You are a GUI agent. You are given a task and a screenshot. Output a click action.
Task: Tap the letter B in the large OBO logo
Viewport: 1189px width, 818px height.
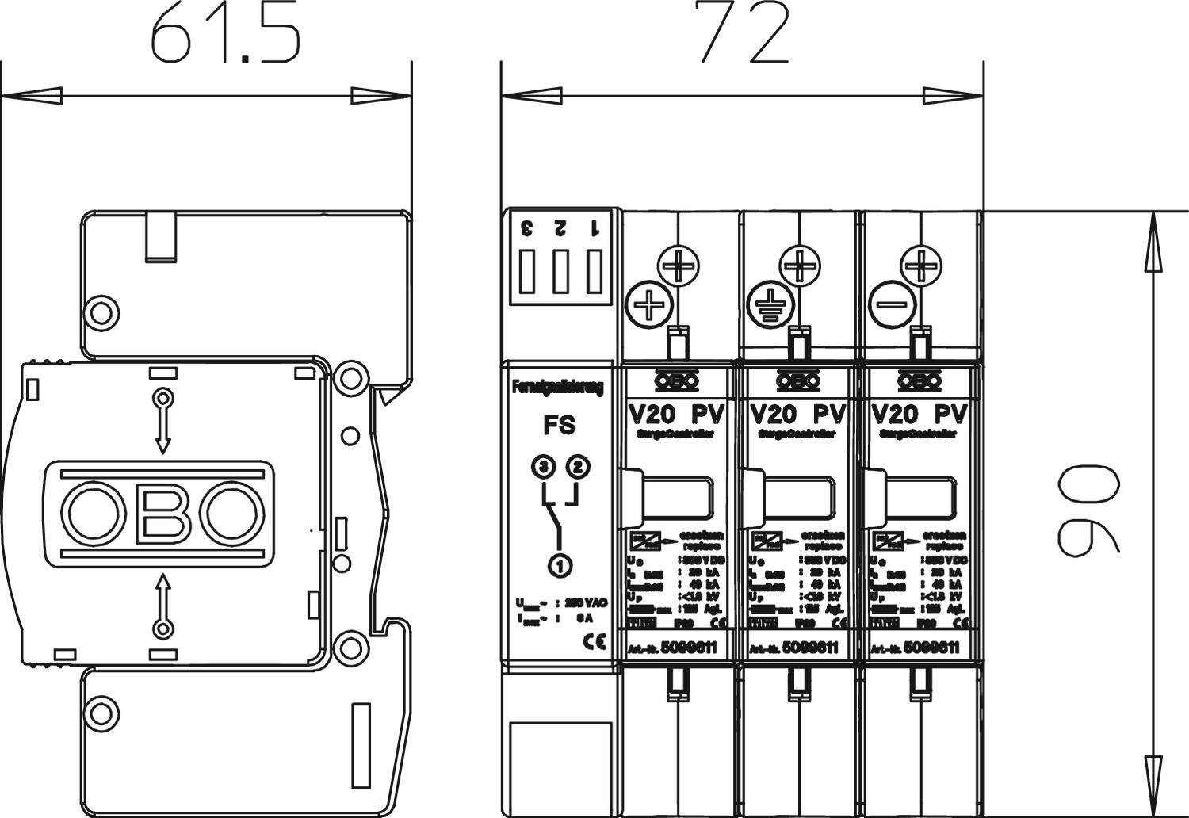tap(163, 514)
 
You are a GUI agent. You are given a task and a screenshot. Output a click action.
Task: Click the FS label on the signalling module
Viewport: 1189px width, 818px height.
tap(560, 426)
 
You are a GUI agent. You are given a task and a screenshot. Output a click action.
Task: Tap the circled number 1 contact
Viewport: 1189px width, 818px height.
tap(560, 566)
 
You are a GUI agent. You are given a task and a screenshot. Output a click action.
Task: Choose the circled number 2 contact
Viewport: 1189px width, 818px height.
tap(579, 468)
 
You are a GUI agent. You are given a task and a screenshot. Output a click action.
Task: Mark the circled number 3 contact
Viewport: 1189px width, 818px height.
tap(543, 468)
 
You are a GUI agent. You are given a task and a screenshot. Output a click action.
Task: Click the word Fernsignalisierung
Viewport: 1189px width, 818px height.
tap(558, 388)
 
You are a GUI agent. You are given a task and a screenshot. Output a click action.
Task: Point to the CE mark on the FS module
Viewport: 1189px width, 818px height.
tap(594, 640)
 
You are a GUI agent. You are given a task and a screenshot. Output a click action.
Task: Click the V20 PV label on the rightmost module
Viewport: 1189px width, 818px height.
tap(919, 414)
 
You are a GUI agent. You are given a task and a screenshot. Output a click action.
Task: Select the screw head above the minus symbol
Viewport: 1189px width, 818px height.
tap(922, 266)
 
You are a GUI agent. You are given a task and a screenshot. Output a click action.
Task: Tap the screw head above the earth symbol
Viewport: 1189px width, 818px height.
tap(800, 266)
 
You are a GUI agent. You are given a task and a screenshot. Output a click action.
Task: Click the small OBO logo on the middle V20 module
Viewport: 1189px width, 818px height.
tap(798, 382)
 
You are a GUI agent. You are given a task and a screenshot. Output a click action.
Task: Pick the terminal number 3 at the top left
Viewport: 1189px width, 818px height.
tap(526, 229)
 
